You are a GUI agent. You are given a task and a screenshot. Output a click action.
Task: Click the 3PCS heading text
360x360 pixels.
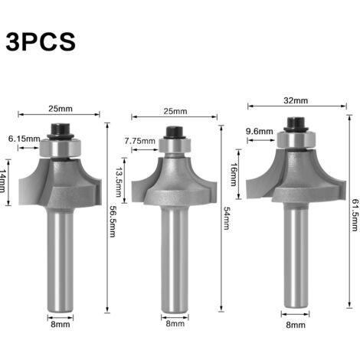coord(41,41)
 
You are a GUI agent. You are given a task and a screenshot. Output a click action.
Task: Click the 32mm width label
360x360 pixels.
coord(296,100)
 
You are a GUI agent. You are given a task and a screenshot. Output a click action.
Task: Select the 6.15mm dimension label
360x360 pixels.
coord(25,139)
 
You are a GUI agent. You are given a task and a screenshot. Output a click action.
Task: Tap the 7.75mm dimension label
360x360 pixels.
coord(140,141)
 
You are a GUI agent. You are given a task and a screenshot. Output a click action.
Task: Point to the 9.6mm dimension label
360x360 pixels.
coord(260,132)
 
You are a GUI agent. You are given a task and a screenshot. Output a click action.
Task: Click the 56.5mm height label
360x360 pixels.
coord(113,221)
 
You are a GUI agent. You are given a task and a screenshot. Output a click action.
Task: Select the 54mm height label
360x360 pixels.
coord(227,218)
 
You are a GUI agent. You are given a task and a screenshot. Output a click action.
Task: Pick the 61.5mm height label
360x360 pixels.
coord(355,215)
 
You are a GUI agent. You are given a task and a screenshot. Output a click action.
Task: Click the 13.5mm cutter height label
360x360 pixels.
coord(118,182)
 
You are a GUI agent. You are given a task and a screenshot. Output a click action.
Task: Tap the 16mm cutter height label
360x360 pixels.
coord(234,175)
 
